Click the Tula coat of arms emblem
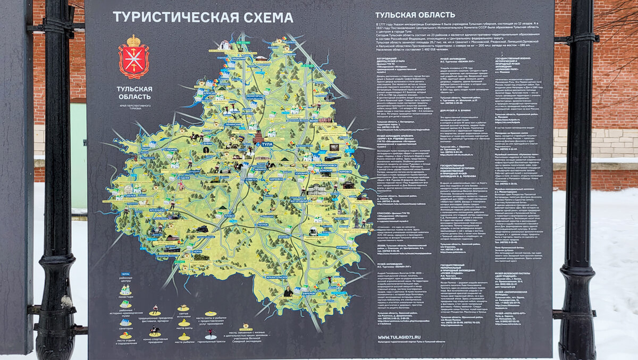[133, 57]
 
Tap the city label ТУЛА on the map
[267, 144]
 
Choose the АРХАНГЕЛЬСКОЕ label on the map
[276, 277]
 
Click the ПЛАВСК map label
[230, 216]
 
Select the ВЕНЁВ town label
[313, 121]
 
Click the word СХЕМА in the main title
[266, 17]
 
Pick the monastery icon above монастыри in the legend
[125, 290]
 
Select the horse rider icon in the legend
[154, 330]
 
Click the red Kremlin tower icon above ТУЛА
[259, 136]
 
